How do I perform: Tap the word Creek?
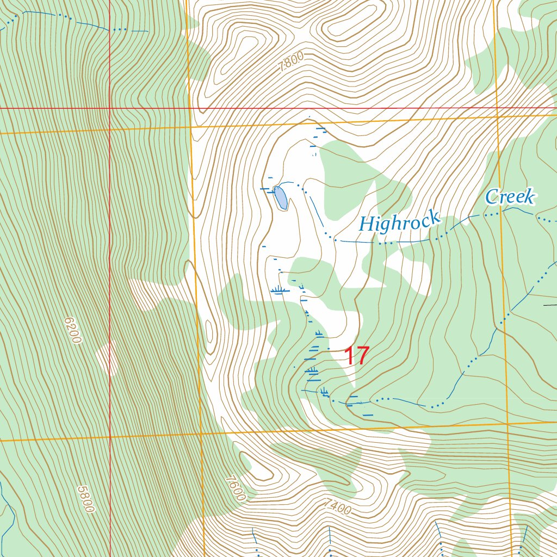[x=510, y=197]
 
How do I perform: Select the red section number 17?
[x=357, y=356]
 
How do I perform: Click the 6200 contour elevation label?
[x=72, y=330]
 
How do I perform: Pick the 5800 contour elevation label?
[x=85, y=499]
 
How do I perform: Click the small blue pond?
[x=281, y=197]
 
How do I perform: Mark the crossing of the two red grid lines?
[x=110, y=108]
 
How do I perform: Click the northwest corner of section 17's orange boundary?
[x=191, y=126]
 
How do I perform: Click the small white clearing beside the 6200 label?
[x=107, y=358]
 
